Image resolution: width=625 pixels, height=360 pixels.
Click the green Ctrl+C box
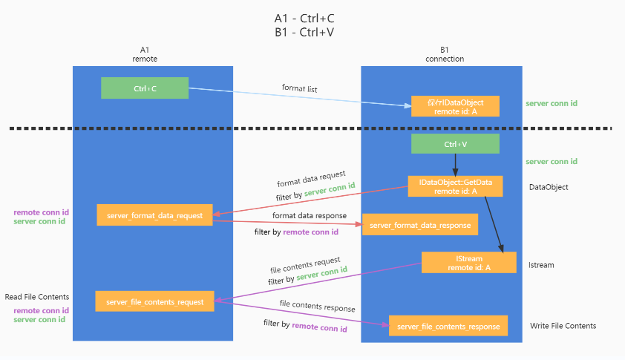(145, 88)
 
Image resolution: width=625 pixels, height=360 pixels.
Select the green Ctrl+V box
(455, 145)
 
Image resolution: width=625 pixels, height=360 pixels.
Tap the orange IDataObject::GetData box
(455, 186)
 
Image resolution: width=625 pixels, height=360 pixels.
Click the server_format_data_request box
(154, 215)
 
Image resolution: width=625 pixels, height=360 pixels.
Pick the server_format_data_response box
(419, 224)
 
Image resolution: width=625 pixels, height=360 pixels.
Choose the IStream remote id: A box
(468, 263)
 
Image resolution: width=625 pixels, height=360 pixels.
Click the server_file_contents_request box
(154, 301)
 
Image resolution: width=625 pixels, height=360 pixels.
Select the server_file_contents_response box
(448, 326)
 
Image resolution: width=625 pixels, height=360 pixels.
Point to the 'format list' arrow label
(300, 88)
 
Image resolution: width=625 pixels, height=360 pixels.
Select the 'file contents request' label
(305, 264)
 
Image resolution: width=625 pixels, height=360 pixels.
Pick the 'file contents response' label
(317, 307)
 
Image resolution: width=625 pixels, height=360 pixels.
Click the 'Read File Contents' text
(37, 297)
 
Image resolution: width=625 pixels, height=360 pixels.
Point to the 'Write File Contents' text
(563, 326)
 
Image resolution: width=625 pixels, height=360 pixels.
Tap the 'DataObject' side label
(549, 187)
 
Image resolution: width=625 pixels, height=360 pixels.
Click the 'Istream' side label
(541, 264)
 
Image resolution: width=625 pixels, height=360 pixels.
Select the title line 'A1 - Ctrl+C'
(310, 18)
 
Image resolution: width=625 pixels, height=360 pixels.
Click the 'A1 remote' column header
(145, 53)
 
